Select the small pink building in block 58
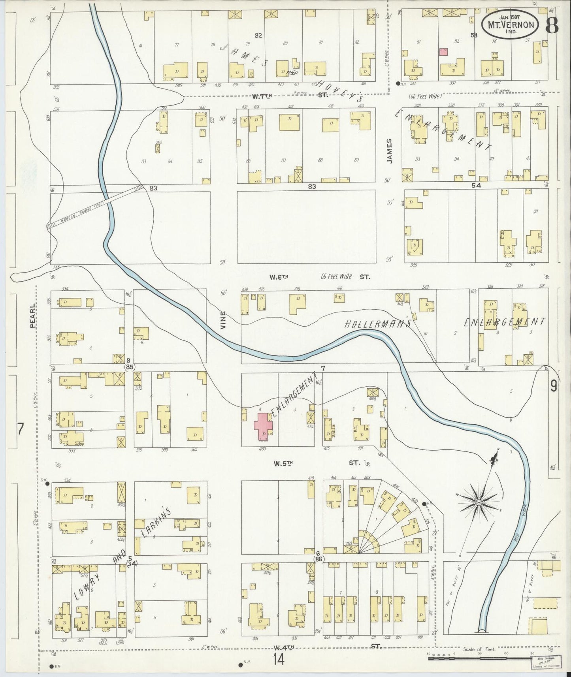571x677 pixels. [443, 52]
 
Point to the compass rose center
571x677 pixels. [478, 502]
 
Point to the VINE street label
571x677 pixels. [223, 320]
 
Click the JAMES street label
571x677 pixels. [390, 151]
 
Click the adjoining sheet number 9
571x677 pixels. [553, 386]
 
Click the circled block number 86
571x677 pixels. [318, 559]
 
